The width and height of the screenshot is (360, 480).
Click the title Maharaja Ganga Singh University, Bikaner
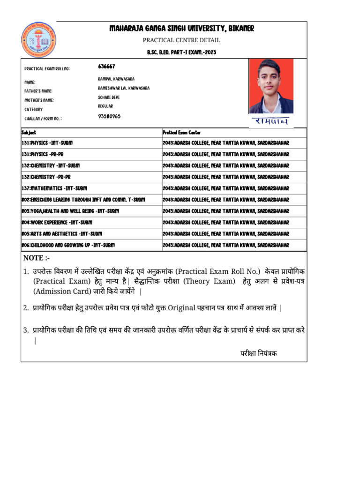pyautogui.click(x=181, y=29)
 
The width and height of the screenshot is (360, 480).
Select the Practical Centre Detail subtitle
pyautogui.click(x=181, y=40)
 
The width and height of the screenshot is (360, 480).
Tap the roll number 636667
pyautogui.click(x=107, y=67)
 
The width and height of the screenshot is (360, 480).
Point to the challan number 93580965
pyautogui.click(x=109, y=116)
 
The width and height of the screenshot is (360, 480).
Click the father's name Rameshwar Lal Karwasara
pyautogui.click(x=124, y=88)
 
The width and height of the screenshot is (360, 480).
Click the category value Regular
pyautogui.click(x=105, y=106)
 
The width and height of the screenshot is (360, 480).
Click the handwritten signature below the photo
pyautogui.click(x=271, y=121)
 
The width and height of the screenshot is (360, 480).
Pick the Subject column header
pyautogui.click(x=29, y=133)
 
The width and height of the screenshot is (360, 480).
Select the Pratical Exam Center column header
pyautogui.click(x=181, y=133)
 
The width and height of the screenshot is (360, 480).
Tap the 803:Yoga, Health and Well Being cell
pyautogui.click(x=70, y=211)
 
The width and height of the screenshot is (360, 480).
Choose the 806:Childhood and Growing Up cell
pyautogui.click(x=68, y=245)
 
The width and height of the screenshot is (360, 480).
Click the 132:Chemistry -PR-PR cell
pyautogui.click(x=46, y=177)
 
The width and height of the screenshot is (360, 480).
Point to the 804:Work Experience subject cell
pyautogui.click(x=57, y=222)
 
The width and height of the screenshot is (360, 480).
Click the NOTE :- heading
pyautogui.click(x=37, y=258)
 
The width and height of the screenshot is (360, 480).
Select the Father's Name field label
pyautogui.click(x=38, y=91)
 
